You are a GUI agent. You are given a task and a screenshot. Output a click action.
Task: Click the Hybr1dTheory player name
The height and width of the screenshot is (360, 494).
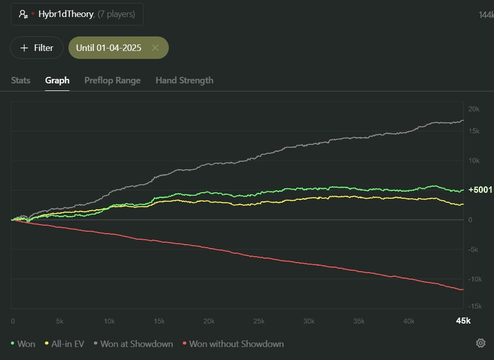pyautogui.click(x=66, y=14)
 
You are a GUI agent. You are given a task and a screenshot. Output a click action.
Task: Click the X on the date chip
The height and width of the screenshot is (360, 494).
pyautogui.click(x=155, y=48)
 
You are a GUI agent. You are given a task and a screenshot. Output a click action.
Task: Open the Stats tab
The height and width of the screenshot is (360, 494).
pyautogui.click(x=20, y=80)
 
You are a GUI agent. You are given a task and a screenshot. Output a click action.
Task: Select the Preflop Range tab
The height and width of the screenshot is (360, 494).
pyautogui.click(x=112, y=80)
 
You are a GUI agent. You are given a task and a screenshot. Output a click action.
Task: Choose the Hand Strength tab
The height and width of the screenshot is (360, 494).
pyautogui.click(x=184, y=80)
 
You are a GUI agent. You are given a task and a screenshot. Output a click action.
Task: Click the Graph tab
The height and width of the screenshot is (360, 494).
pyautogui.click(x=57, y=80)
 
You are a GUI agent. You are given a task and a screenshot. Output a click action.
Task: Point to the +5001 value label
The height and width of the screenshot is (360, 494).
pyautogui.click(x=480, y=190)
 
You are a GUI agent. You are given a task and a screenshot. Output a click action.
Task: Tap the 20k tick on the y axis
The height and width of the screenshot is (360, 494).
pyautogui.click(x=474, y=109)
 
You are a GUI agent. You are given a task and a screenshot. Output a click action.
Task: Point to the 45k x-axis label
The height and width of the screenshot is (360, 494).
pyautogui.click(x=463, y=321)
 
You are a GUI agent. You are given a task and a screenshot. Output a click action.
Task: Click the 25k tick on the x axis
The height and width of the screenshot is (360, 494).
pyautogui.click(x=259, y=321)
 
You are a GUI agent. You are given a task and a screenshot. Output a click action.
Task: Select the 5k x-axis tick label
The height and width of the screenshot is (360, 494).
pyautogui.click(x=59, y=321)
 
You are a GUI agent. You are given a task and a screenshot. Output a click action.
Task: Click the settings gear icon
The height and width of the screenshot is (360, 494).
pyautogui.click(x=481, y=343)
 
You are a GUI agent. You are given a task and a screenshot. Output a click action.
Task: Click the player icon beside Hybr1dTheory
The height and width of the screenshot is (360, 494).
pyautogui.click(x=23, y=14)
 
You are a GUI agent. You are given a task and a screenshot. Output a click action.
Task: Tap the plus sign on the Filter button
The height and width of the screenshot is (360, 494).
pyautogui.click(x=24, y=48)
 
